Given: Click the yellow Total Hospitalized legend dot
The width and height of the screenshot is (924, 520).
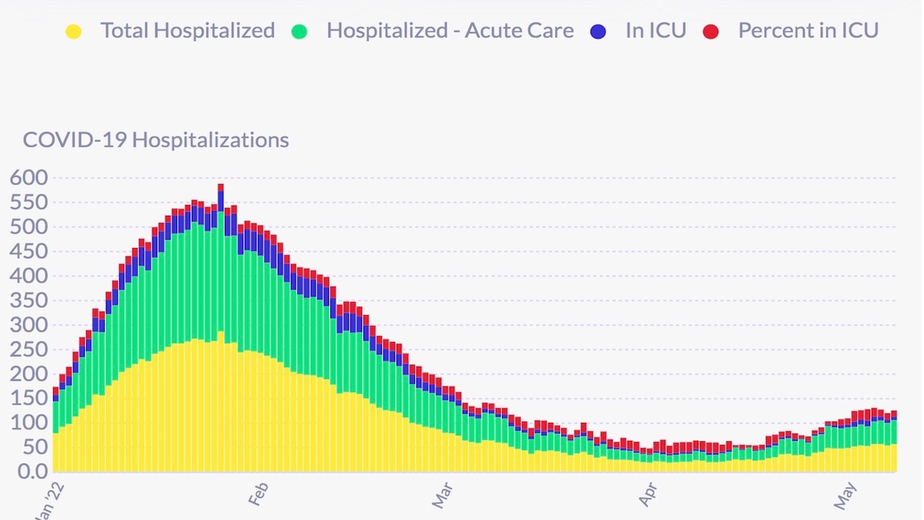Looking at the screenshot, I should point(74,32).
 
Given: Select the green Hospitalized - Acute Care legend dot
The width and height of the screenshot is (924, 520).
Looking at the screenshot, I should point(300,32).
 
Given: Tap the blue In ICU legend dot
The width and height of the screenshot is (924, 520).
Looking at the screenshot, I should point(598,32).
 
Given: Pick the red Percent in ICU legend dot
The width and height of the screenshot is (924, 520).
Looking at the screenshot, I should point(711,32).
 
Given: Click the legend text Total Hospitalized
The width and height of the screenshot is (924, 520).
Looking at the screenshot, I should point(187,31).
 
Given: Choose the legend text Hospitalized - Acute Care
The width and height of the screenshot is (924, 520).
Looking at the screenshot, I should point(450,31).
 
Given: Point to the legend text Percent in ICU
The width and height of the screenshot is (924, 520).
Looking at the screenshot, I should point(808,31).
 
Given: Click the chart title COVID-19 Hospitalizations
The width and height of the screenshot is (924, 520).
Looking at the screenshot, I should point(156,140).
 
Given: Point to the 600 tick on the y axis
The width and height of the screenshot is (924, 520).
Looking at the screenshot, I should point(28,178).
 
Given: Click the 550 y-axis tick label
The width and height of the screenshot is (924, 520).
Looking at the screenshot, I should point(28,203).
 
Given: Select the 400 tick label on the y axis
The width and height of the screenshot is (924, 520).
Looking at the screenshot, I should point(28,276).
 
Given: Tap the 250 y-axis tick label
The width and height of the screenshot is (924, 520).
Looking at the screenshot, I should point(28,349).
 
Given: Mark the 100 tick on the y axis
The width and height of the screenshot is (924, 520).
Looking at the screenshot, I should point(28,422).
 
